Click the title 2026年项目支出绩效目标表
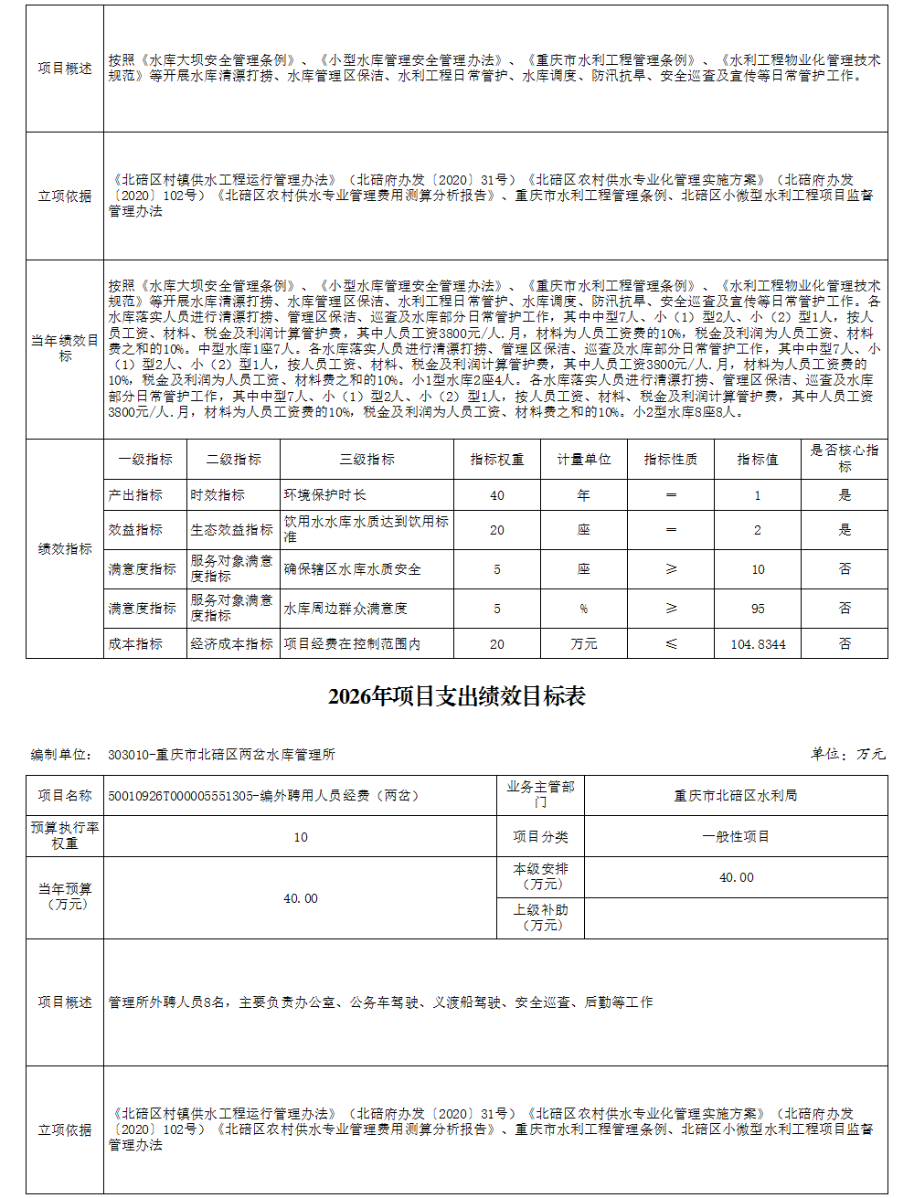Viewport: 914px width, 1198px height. coord(456,696)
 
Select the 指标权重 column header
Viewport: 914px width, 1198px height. coord(497,460)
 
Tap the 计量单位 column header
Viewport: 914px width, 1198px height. coord(584,460)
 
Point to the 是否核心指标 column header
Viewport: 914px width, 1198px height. coord(845,459)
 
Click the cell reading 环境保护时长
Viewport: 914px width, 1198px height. coord(325,495)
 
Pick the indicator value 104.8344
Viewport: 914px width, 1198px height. coord(758,644)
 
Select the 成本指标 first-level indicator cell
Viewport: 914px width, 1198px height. coord(135,644)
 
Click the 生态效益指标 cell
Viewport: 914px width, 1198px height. coord(232,530)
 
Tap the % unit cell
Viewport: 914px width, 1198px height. coord(584,609)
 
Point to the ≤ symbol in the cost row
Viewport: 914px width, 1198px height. coord(671,644)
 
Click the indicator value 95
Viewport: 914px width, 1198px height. coord(758,609)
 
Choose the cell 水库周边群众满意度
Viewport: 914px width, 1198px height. coord(345,609)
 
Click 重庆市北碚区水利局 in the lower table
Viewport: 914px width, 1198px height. coord(736,796)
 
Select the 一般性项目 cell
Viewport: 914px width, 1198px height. coord(736,837)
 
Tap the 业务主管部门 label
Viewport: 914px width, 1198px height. coord(540,794)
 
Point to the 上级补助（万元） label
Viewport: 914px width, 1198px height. coord(540,917)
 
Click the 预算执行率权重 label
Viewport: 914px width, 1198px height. coord(65,835)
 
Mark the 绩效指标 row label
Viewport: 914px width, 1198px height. coord(65,549)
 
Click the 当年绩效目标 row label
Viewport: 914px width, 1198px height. coord(65,348)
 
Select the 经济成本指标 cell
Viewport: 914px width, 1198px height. coord(232,644)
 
